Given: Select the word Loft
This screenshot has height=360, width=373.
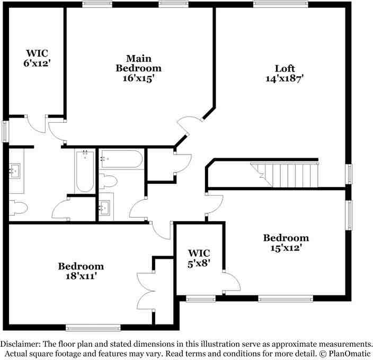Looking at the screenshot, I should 284,68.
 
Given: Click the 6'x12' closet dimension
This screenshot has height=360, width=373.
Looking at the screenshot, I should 38,62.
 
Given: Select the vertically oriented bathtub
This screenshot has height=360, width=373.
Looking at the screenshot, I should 85,172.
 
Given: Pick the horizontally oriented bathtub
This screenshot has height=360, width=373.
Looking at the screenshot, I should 121,159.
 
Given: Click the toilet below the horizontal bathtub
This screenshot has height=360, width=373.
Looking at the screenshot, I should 109,181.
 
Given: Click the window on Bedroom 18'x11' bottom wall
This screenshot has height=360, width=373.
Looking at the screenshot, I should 93,328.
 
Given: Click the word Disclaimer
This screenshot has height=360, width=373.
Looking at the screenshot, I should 23,344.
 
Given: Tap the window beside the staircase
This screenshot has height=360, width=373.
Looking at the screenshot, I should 349,174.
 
